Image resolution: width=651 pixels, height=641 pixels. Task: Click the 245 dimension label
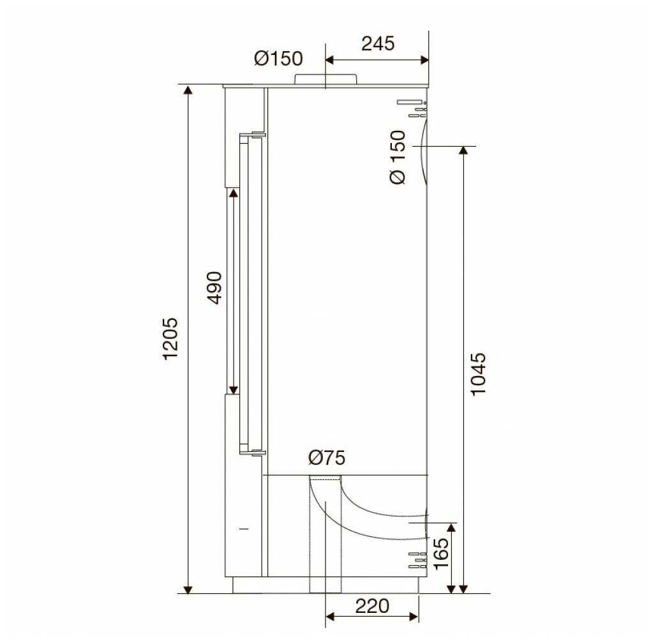coord(378,43)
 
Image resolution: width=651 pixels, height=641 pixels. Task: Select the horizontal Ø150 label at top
coord(278,59)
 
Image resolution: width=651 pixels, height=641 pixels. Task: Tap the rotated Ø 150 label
coord(398,157)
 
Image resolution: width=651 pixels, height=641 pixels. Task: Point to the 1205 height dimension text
coord(170,338)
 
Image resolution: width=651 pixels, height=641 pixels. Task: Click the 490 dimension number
coord(214,288)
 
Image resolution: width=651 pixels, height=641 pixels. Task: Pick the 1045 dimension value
coord(478,374)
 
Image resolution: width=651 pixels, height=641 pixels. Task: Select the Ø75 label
coord(327,458)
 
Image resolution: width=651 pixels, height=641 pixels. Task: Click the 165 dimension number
coord(441,554)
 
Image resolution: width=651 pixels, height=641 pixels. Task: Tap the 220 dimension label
coord(372,606)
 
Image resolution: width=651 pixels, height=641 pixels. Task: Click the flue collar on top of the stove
coord(325,79)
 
